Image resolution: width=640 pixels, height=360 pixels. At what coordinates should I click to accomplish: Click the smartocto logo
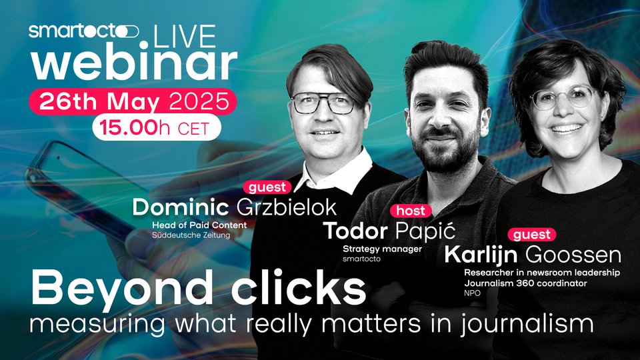(x=84, y=31)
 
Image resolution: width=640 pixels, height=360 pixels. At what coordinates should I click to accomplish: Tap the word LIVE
(x=185, y=37)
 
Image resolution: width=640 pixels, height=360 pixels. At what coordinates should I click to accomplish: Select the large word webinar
(x=134, y=64)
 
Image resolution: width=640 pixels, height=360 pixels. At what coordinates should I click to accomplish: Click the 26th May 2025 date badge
(x=133, y=101)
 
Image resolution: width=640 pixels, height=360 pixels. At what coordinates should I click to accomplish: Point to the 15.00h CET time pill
(x=157, y=128)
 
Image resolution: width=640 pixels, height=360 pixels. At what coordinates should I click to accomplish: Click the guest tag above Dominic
(x=267, y=187)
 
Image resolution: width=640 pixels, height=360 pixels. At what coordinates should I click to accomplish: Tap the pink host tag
(x=411, y=211)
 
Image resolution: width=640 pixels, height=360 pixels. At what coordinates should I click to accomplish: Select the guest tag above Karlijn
(x=532, y=235)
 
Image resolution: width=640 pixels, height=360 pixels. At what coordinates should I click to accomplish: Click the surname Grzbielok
(x=286, y=208)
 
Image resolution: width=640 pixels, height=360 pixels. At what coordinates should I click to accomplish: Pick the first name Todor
(x=355, y=231)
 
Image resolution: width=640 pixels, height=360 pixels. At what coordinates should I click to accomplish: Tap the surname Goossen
(x=573, y=255)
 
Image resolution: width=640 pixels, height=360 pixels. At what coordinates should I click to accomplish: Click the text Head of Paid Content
(x=199, y=225)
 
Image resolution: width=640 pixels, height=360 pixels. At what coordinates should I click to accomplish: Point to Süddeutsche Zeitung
(x=191, y=235)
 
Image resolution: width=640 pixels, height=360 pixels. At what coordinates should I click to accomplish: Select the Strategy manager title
(x=382, y=249)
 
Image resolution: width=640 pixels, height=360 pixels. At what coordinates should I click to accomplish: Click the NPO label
(x=472, y=293)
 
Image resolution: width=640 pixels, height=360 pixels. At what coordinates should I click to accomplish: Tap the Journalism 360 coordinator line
(x=525, y=283)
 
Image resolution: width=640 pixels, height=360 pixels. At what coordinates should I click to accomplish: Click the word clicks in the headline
(x=299, y=288)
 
